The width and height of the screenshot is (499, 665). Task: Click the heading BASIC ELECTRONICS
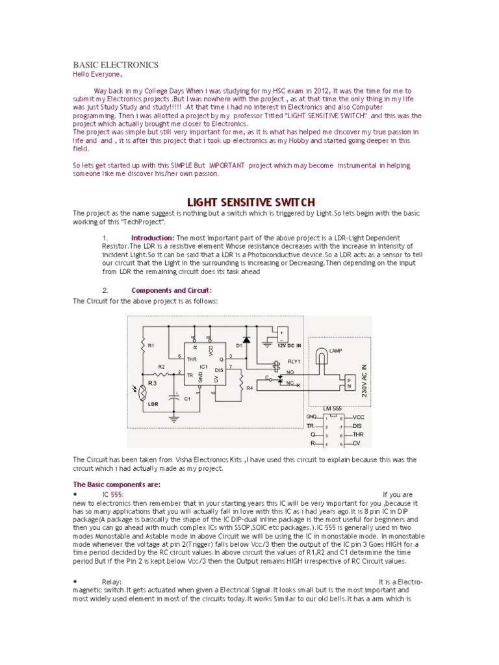115,65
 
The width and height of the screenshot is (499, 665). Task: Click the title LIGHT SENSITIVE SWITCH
251,202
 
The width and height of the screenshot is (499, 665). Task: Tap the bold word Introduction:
152,238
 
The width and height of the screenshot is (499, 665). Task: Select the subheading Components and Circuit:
172,290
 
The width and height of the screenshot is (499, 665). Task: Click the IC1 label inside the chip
203,367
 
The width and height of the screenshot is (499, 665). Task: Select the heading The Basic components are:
116,484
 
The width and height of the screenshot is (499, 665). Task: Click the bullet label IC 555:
112,495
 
